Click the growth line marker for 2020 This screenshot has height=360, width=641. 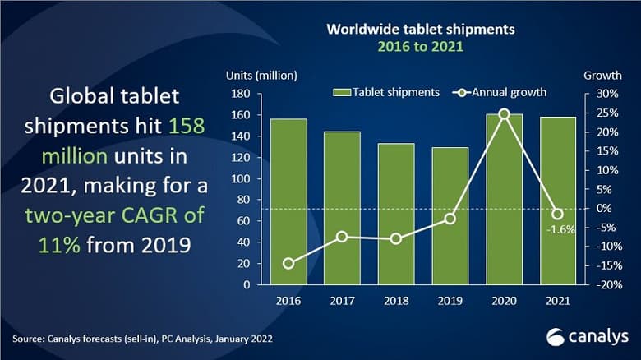[x=504, y=114]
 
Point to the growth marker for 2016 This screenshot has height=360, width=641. [x=288, y=263]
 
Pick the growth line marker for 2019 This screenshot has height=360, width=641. [x=450, y=218]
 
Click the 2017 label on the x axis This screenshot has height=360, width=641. [x=342, y=301]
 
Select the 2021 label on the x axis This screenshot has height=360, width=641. [x=557, y=301]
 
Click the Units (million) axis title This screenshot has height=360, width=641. [x=261, y=76]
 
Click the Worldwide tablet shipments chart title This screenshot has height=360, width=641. [x=421, y=30]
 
